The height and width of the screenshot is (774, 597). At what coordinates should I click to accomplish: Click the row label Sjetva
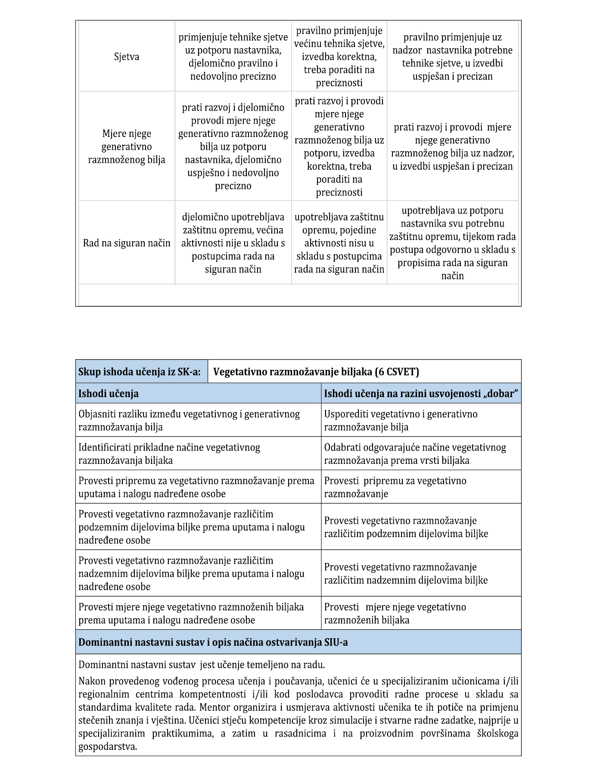(127, 57)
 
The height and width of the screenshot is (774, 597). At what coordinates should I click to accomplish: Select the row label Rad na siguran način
(127, 243)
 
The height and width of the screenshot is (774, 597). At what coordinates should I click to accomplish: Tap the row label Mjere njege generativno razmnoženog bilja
(127, 147)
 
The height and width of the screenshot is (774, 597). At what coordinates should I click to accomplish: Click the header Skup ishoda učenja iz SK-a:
(139, 372)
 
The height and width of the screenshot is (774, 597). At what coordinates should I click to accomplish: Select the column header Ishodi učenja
(109, 394)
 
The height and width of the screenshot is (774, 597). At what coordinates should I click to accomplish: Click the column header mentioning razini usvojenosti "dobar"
(421, 394)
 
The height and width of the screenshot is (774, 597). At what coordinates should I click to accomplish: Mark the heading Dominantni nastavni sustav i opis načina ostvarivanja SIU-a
(213, 643)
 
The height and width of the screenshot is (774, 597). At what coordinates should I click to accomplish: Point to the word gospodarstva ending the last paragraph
(108, 746)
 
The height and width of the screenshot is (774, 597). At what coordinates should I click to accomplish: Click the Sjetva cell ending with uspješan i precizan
(452, 57)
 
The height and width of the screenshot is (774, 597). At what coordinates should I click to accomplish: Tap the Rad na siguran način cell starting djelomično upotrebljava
(233, 243)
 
